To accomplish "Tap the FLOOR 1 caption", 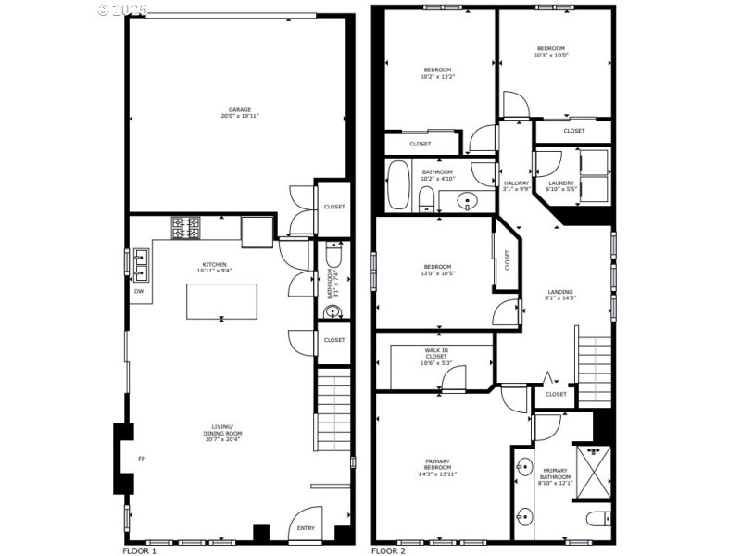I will [x=141, y=550].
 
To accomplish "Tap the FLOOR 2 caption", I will [x=389, y=550].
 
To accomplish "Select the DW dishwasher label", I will [x=139, y=291].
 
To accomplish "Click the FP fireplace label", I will [x=142, y=458].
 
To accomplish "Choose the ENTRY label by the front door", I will [x=306, y=528].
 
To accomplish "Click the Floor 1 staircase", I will [x=333, y=408].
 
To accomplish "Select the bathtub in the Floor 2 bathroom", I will [x=398, y=184].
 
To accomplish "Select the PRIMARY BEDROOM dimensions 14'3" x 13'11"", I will [x=438, y=474].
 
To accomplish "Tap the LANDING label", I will [x=559, y=295].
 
